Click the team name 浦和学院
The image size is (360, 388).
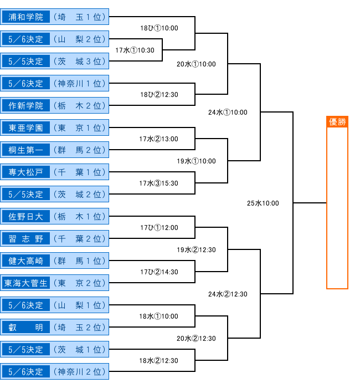(x=25, y=17)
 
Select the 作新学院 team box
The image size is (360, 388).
(x=25, y=106)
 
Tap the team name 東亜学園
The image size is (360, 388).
(x=25, y=127)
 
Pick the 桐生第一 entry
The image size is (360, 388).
(x=25, y=150)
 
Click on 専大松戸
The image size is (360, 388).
(x=25, y=172)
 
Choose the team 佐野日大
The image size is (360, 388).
(x=25, y=217)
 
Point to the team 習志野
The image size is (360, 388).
(x=25, y=238)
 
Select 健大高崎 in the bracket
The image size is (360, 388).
(x=25, y=261)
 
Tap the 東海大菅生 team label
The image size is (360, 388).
(x=25, y=283)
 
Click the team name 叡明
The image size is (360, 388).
(x=25, y=327)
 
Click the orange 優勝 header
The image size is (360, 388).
(x=337, y=122)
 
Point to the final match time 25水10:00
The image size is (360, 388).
(x=263, y=203)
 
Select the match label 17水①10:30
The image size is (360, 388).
(x=135, y=50)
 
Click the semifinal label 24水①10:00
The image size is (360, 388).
(x=228, y=113)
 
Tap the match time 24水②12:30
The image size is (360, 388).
(x=228, y=294)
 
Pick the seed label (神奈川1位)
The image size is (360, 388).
(x=80, y=84)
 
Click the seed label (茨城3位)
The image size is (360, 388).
(x=80, y=62)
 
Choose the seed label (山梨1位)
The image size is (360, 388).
(x=80, y=305)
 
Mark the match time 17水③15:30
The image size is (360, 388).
(x=158, y=183)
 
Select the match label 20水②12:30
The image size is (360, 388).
(x=196, y=339)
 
